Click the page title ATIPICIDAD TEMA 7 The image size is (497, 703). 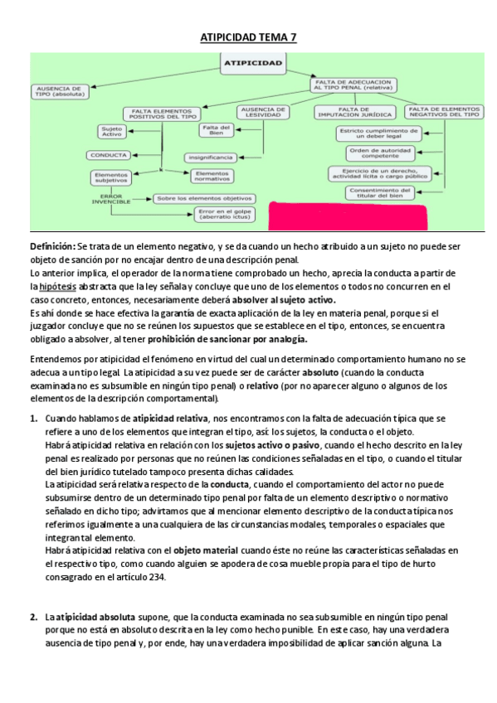tap(248, 37)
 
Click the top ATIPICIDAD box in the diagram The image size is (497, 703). tap(253, 62)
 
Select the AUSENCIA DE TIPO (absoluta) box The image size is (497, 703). tap(58, 90)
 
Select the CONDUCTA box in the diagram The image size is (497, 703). tap(109, 155)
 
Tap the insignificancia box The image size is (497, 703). tap(209, 156)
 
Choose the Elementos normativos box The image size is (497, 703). tap(214, 175)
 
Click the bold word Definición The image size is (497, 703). tap(52, 246)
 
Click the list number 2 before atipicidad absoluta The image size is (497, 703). tap(33, 617)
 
